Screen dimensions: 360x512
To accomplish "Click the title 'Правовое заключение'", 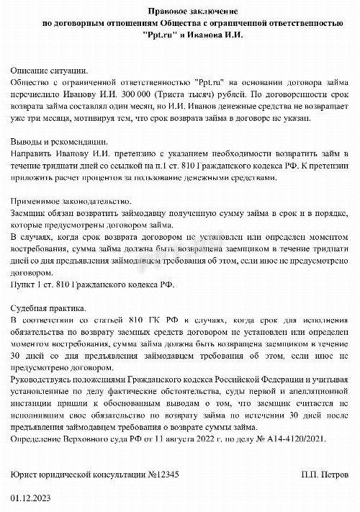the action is point(192,12).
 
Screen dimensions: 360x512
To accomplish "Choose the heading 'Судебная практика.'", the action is point(49,306).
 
